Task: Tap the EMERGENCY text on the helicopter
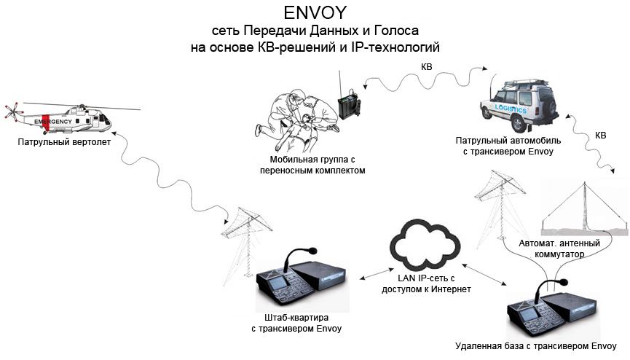[x=54, y=121]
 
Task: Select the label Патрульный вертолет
[x=65, y=142]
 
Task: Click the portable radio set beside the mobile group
[x=350, y=102]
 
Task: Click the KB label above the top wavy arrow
[x=426, y=67]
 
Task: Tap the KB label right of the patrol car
[x=600, y=136]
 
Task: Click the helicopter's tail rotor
[x=10, y=112]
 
